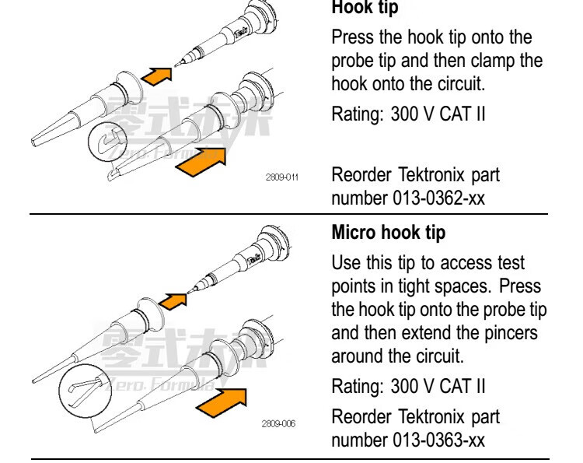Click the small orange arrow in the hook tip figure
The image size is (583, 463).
[x=159, y=75]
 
